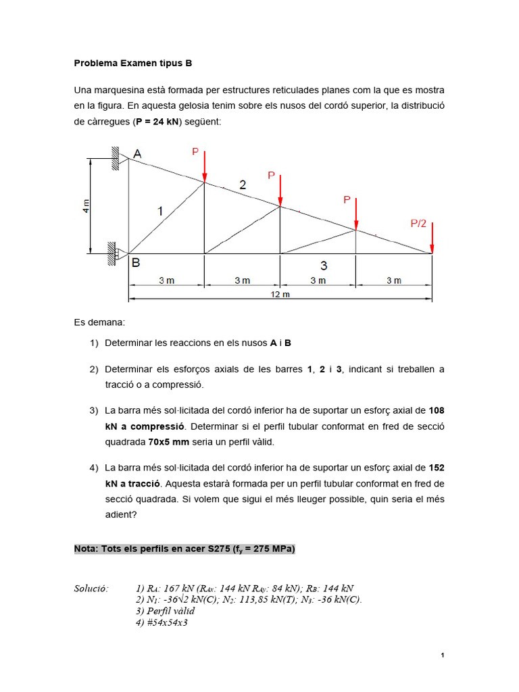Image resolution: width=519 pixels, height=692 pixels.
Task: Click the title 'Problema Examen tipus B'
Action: pyautogui.click(x=133, y=63)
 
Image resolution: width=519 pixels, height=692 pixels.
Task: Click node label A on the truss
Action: pyautogui.click(x=137, y=155)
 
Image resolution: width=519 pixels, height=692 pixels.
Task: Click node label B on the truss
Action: pyautogui.click(x=136, y=264)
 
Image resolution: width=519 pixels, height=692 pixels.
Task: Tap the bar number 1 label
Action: pyautogui.click(x=160, y=212)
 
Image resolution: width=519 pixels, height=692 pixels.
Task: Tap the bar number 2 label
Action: pyautogui.click(x=243, y=185)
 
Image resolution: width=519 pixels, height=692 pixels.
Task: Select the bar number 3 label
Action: pyautogui.click(x=324, y=266)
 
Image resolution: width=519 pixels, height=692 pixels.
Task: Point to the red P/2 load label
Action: pyautogui.click(x=418, y=223)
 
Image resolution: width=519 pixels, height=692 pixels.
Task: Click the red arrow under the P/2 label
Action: pyautogui.click(x=432, y=238)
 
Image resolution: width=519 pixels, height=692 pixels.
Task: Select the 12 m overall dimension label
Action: pyautogui.click(x=280, y=294)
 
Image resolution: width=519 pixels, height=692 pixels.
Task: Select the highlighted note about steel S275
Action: pyautogui.click(x=184, y=549)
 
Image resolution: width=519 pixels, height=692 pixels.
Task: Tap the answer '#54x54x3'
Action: pyautogui.click(x=162, y=622)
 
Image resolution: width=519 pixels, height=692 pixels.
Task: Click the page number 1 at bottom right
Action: pyautogui.click(x=441, y=655)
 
